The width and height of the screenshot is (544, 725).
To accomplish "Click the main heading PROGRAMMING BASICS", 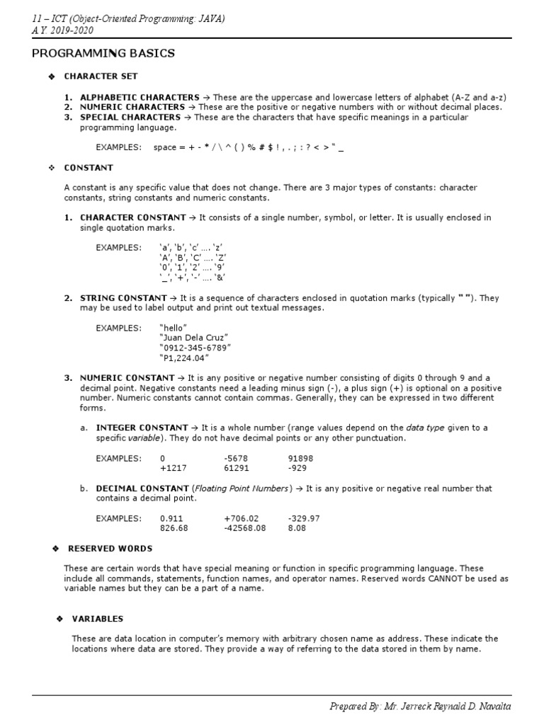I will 105,54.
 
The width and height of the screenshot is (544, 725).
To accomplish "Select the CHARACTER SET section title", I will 101,76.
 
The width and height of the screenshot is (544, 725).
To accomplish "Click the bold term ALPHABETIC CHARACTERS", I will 140,97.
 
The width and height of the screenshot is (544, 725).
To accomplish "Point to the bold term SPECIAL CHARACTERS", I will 130,117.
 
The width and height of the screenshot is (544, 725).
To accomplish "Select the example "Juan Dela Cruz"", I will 195,338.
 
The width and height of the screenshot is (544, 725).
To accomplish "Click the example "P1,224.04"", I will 185,358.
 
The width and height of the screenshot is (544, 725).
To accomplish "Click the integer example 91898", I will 300,458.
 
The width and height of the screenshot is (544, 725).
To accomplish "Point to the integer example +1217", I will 174,468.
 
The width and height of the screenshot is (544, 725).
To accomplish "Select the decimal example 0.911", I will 173,518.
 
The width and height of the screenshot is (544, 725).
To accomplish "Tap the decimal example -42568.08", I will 244,528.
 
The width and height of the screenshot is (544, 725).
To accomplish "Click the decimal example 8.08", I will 297,528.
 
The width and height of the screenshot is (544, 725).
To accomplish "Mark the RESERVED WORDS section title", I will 110,549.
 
